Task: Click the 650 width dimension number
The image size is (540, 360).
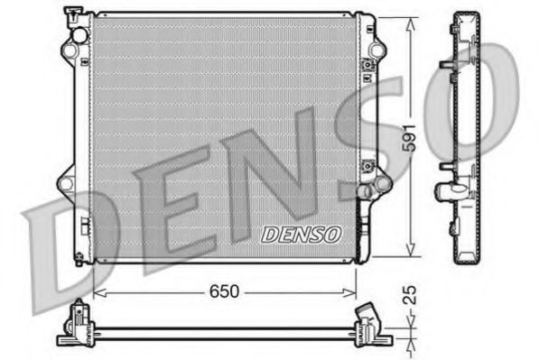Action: tap(225, 292)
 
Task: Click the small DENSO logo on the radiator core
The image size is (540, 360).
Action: tap(302, 234)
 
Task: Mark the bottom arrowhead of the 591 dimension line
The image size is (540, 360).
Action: tap(411, 255)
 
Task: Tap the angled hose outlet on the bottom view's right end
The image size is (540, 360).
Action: tap(368, 317)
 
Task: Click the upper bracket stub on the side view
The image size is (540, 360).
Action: tap(445, 65)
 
